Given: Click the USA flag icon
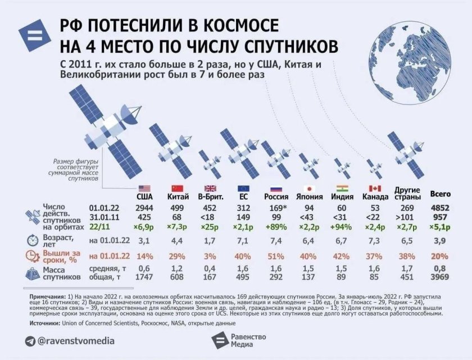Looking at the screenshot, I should (x=144, y=188).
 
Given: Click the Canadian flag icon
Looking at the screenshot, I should (x=375, y=188).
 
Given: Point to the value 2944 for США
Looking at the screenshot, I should (x=144, y=207).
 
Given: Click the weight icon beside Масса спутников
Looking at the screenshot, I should (x=32, y=273).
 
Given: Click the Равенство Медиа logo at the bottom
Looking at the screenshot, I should (x=236, y=341).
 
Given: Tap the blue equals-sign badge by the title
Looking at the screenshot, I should (x=34, y=37).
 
